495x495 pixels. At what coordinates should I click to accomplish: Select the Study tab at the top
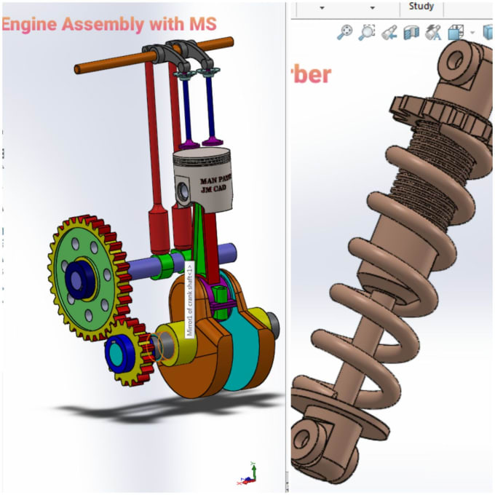pos(421,7)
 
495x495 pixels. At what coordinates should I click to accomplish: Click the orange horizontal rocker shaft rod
pos(109,64)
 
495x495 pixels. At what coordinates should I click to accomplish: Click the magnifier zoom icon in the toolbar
pos(344,32)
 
